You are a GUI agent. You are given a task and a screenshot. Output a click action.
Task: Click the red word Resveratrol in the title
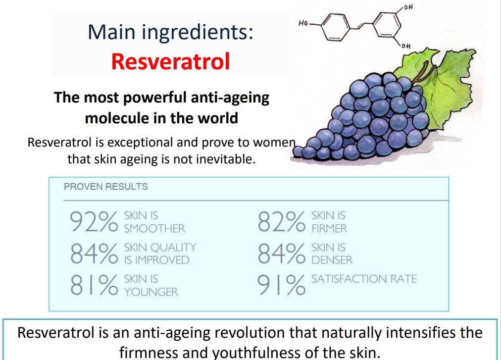(x=171, y=61)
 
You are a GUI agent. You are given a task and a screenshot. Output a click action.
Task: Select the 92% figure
(x=94, y=221)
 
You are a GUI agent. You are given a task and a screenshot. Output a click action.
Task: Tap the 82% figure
(x=282, y=221)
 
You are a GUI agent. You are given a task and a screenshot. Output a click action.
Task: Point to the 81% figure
(x=94, y=285)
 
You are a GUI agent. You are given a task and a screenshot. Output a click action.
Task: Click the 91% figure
(x=282, y=285)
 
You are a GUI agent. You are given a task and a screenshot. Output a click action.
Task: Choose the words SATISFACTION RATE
(x=364, y=279)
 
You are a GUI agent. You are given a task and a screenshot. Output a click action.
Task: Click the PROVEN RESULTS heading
(x=106, y=186)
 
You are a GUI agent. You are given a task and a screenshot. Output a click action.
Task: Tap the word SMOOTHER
(x=154, y=229)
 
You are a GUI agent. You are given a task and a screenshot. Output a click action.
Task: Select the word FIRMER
(x=329, y=229)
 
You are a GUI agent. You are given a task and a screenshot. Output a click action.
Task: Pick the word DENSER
(x=332, y=260)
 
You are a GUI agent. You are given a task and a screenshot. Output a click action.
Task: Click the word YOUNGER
(x=151, y=292)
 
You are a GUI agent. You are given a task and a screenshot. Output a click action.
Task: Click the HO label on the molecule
(x=303, y=23)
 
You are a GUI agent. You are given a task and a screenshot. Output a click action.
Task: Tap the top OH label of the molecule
(x=408, y=7)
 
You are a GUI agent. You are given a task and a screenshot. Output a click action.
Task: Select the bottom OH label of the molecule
(x=406, y=46)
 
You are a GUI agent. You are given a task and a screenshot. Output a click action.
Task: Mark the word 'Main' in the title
(x=111, y=32)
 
